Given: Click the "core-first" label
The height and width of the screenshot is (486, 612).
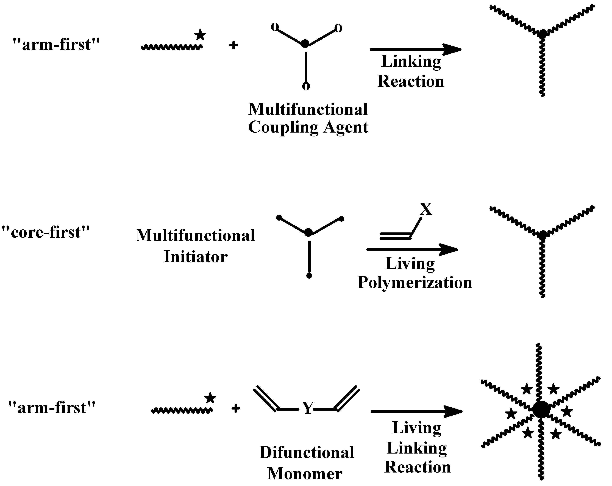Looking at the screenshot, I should point(45,232).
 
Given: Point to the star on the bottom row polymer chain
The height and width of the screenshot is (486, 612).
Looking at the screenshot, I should point(210,398).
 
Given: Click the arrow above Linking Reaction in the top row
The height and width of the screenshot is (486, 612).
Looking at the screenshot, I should point(415,50).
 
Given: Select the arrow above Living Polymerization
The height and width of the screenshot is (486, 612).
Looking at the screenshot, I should point(412,250).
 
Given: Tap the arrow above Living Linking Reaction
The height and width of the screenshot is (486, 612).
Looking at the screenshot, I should point(416,412).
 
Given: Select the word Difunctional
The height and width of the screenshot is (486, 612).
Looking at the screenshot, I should point(307,452).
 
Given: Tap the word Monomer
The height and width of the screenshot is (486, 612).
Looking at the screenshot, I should point(305,474).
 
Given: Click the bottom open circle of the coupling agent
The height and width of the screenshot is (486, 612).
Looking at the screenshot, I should point(306,86).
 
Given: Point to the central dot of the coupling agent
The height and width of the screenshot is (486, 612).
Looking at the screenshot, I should point(305,43).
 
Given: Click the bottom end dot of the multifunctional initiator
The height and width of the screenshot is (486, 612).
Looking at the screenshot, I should point(309,276).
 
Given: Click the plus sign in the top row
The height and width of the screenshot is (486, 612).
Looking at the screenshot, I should point(233,45).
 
